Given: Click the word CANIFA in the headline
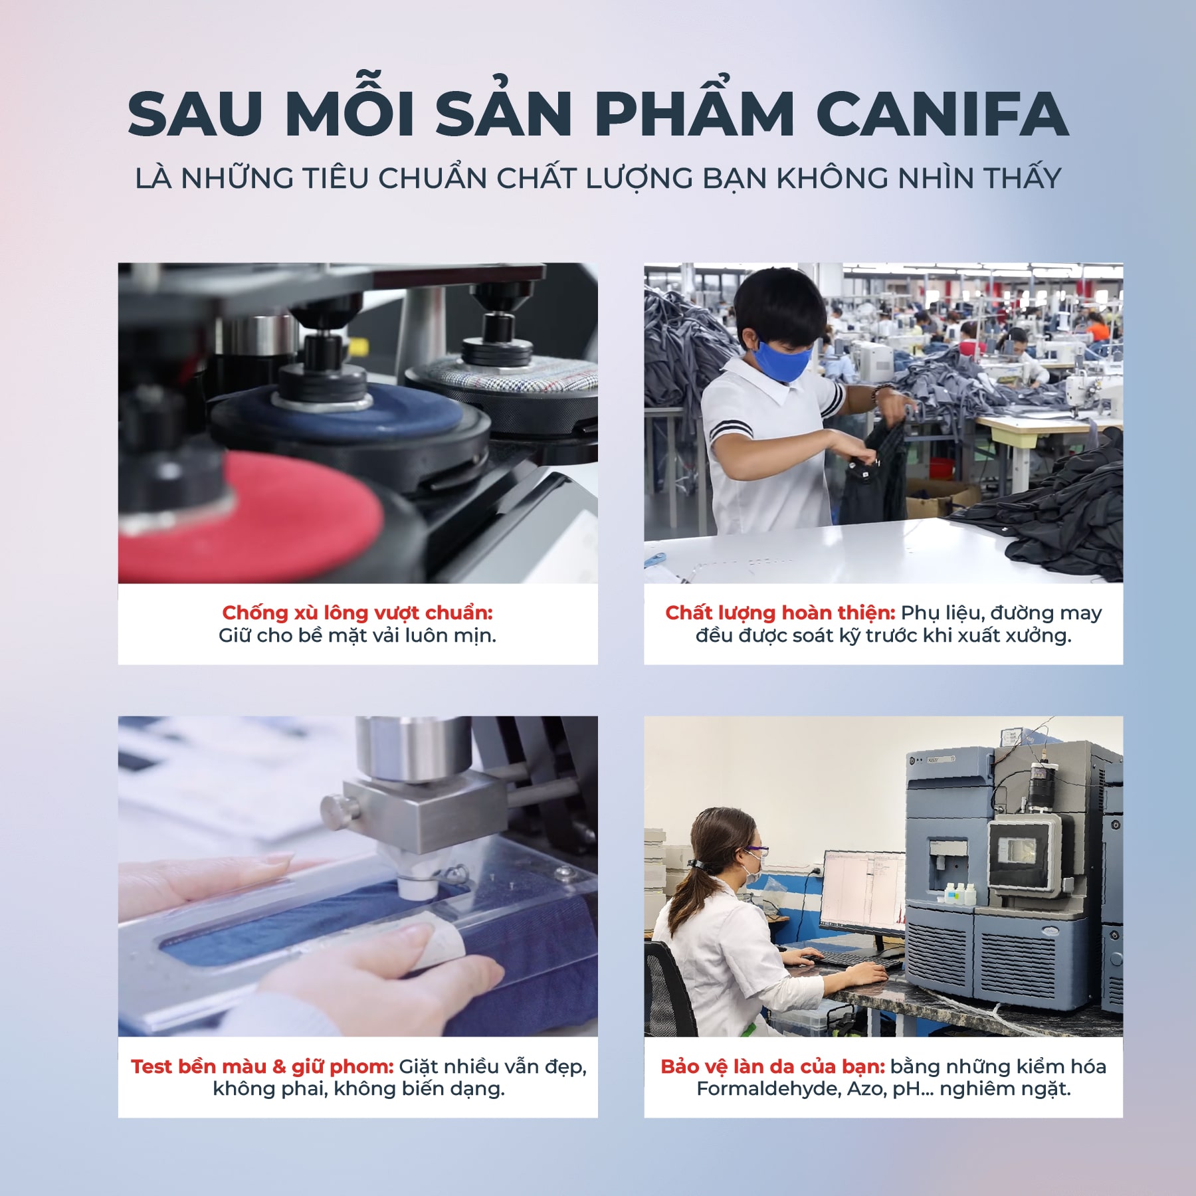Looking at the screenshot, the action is [x=942, y=114].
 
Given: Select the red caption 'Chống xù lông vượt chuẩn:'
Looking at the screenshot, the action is [x=357, y=612].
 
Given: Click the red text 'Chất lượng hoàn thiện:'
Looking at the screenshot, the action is [x=780, y=612].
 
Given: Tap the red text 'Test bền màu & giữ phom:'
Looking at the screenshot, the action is [x=262, y=1066].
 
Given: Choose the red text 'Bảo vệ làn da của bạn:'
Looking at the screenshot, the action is [x=772, y=1066].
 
